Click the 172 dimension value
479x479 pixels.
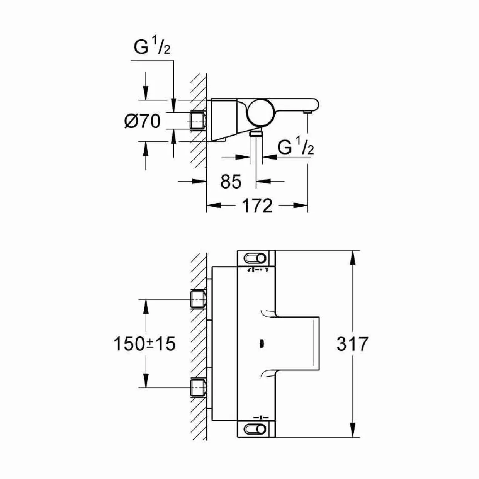click(257, 206)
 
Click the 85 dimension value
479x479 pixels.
click(231, 181)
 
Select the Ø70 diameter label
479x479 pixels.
click(143, 122)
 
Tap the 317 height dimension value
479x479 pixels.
click(352, 344)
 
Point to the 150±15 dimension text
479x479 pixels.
click(144, 344)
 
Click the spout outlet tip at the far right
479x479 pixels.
click(308, 113)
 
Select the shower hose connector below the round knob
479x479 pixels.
click(256, 134)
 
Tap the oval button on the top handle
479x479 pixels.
click(256, 258)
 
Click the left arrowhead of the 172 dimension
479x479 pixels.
click(214, 206)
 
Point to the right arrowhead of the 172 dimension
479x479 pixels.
click(301, 206)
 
